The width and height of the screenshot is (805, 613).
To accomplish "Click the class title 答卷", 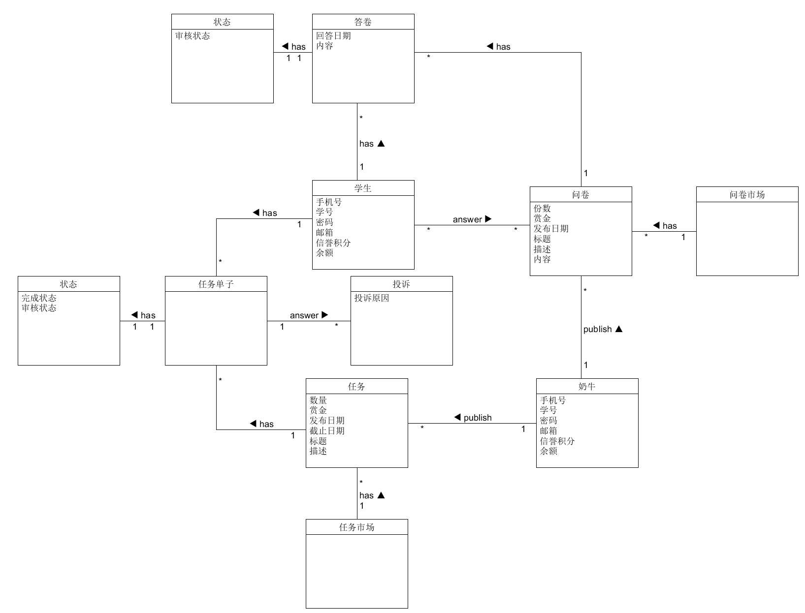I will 363,22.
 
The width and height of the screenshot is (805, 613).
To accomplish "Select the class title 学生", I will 363,188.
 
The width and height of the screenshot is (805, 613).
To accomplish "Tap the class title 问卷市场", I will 747,195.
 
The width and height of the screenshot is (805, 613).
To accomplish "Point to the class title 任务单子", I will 216,284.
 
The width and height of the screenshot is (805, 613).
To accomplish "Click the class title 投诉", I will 401,284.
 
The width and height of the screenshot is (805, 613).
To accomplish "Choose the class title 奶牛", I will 587,387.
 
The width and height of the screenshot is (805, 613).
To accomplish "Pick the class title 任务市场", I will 356,527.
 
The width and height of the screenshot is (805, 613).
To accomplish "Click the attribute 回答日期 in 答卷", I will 333,36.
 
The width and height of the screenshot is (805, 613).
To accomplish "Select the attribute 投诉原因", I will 372,298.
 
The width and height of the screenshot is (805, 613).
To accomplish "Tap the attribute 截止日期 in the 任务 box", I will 327,431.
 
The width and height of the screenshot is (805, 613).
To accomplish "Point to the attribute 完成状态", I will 39,298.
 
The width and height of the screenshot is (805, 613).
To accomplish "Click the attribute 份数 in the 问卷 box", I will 542,209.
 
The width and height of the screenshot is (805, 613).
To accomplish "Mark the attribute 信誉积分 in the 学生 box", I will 333,243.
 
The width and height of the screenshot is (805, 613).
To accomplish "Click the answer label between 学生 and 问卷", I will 467,219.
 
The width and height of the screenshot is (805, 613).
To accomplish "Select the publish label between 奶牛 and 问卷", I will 597,329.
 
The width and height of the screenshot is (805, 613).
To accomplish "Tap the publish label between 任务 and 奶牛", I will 477,418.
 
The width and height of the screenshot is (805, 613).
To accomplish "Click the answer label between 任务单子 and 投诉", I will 304,315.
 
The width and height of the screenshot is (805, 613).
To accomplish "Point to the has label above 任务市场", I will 366,495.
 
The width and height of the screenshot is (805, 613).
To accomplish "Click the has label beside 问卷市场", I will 669,226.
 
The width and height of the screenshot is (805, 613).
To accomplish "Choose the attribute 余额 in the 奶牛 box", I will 548,451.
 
